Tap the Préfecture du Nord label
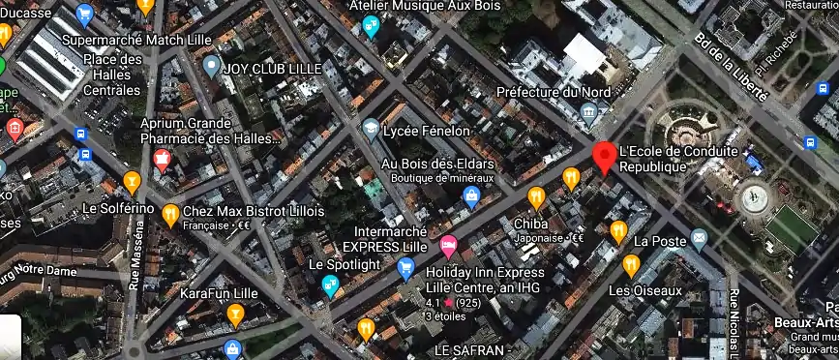[554, 92]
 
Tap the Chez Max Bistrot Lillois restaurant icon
[170, 213]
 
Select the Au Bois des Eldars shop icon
[471, 198]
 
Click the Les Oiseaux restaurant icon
[632, 264]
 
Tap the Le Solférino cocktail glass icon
[132, 181]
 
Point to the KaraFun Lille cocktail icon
[234, 314]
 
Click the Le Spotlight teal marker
[331, 285]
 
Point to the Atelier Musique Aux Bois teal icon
[371, 27]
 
